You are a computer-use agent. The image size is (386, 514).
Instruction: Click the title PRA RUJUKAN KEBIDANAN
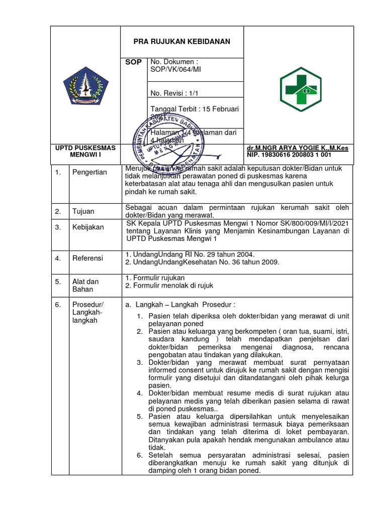pos(181,41)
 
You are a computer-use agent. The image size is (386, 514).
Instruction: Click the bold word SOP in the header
pos(133,62)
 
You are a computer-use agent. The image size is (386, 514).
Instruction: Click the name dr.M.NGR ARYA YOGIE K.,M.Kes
pos(298,148)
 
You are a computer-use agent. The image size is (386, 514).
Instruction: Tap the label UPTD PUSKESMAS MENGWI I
pos(85,152)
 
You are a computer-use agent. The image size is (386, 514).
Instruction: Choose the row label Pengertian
pos(90,172)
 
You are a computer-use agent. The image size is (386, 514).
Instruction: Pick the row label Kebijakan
pos(88,227)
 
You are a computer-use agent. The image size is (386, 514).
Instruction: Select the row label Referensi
pos(87,258)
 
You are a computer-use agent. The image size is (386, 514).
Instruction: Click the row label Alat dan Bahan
pos(85,286)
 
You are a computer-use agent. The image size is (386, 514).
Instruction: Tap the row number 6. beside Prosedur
pos(58,305)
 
